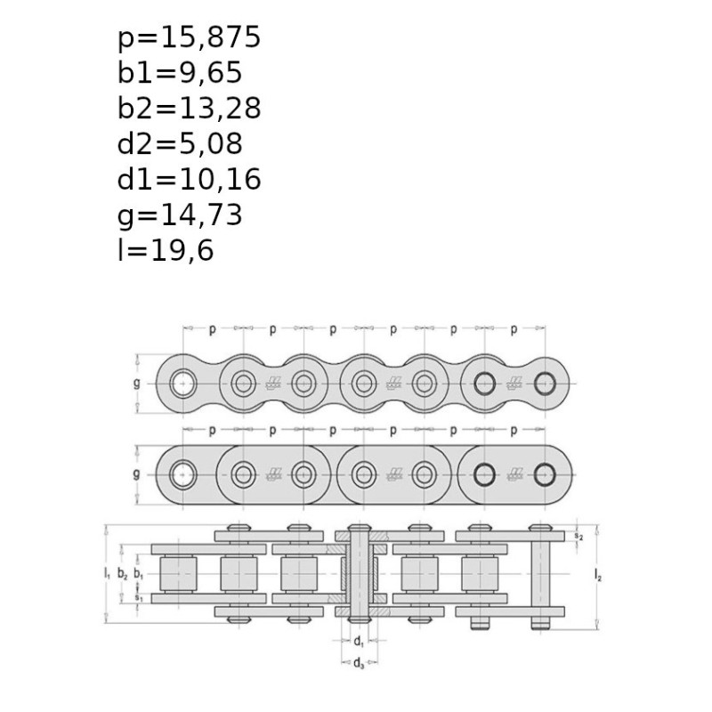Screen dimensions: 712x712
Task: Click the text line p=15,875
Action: tap(189, 37)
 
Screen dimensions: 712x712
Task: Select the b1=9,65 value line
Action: tap(180, 73)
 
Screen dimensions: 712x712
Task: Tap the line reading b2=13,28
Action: tap(189, 109)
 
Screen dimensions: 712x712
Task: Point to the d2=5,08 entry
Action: tap(180, 144)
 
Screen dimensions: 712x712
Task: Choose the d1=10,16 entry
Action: tap(189, 180)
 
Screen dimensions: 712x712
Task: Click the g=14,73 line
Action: tap(180, 215)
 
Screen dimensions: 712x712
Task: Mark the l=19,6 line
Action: tap(166, 250)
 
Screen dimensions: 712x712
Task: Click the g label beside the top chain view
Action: tap(137, 384)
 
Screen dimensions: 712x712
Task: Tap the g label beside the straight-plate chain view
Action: tap(137, 474)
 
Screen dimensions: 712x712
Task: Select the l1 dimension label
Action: tap(107, 574)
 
